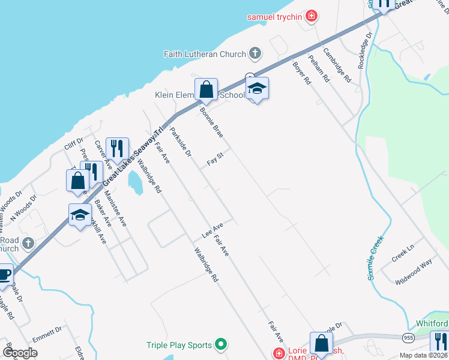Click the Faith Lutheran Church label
(205, 54)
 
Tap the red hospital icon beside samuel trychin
(311, 16)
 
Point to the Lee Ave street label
(212, 230)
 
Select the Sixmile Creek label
(376, 258)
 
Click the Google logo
(20, 353)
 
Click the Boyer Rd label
(302, 73)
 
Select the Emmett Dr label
(47, 334)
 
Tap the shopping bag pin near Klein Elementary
(206, 90)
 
